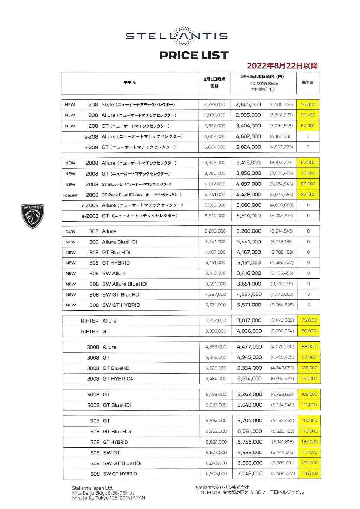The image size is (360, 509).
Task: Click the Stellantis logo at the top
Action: pos(176,36)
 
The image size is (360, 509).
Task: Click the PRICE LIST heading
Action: pos(194,56)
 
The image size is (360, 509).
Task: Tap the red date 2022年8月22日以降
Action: pos(282,65)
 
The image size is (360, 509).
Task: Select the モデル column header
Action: pos(129,83)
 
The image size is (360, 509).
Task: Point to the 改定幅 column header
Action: pos(308,83)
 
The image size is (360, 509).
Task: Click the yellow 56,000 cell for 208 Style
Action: pos(308,104)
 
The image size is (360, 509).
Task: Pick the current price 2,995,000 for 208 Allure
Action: pos(248,115)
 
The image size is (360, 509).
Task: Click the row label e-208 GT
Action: pos(130,147)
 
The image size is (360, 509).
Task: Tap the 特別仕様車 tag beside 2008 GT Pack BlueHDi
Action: pos(70,195)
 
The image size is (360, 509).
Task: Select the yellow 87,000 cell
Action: pos(308,195)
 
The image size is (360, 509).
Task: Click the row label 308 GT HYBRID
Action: pos(109,263)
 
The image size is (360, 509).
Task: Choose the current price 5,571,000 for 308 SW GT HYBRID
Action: pos(249,305)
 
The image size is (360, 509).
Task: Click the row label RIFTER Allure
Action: pos(98,321)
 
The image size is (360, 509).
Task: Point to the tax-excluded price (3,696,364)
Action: pos(282,331)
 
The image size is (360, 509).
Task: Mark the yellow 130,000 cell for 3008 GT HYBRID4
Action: pos(309,378)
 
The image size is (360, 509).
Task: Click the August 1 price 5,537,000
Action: pos(216,405)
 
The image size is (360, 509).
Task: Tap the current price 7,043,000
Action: pos(250,473)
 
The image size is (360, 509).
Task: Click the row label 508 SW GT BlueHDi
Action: pos(116,463)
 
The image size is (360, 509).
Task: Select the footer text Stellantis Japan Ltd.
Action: pos(92,488)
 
